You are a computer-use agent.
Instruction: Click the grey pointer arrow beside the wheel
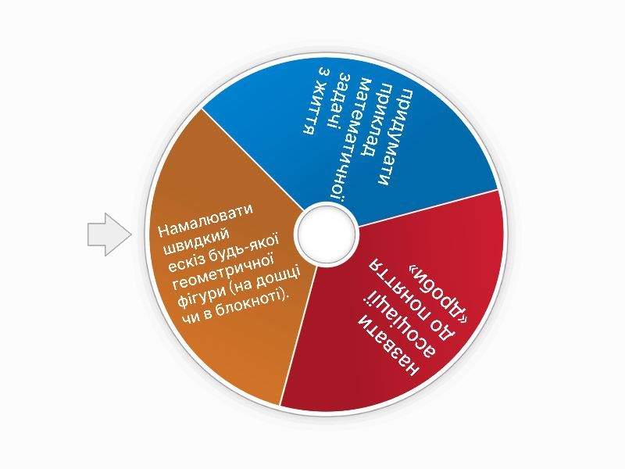tap(109, 234)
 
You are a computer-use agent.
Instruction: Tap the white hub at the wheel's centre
tap(326, 234)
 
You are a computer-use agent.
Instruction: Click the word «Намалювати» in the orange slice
tap(205, 220)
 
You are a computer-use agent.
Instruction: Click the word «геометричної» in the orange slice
tap(223, 273)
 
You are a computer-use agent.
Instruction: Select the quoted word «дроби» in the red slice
tap(439, 290)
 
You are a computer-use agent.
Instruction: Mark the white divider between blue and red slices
tap(427, 208)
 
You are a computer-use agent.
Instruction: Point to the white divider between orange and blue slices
tap(253, 159)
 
